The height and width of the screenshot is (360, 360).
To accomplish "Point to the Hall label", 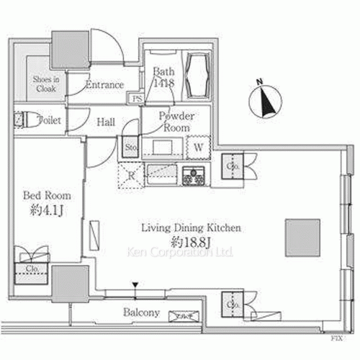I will (106, 122).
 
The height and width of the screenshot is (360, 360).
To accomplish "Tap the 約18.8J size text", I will (190, 240).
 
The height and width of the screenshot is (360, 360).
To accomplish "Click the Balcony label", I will (140, 312).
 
